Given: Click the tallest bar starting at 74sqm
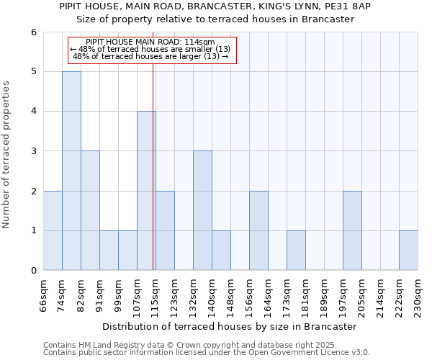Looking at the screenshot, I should click(x=71, y=171).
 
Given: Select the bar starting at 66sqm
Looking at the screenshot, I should click(x=53, y=230).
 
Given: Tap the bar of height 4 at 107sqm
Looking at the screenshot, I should click(x=146, y=191).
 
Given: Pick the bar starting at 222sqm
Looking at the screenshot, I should click(x=408, y=251).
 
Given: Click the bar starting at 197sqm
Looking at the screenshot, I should click(x=352, y=230).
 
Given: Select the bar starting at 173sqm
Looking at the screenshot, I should click(x=296, y=251).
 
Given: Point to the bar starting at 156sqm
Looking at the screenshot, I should click(x=258, y=230).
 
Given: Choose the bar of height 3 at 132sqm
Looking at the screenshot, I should click(x=202, y=210).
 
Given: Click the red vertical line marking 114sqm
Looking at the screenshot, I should click(x=153, y=166).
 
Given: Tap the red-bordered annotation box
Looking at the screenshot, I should click(x=151, y=50).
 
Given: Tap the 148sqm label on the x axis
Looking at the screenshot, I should click(x=230, y=295).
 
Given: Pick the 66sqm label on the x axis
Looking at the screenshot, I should click(x=43, y=295).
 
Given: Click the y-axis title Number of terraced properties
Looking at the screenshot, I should click(x=8, y=155).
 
